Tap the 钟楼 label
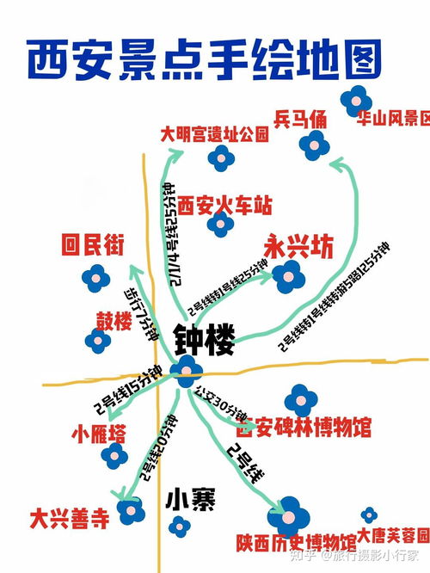[204, 340]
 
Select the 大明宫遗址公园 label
[214, 135]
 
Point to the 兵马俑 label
[300, 120]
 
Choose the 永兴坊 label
[298, 247]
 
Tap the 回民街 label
[93, 246]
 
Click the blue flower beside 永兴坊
[290, 276]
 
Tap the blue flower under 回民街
[95, 278]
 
